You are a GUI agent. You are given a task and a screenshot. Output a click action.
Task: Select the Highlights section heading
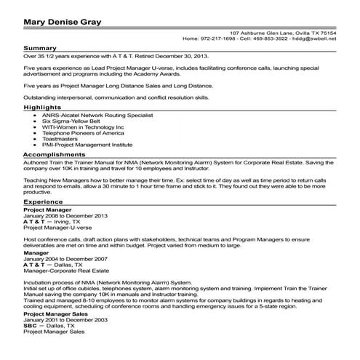click(x=41, y=106)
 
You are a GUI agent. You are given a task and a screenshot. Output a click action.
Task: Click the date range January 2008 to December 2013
click(x=65, y=216)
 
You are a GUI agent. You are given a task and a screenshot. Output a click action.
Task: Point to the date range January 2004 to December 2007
click(x=65, y=258)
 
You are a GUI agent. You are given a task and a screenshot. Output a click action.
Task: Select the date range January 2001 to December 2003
click(x=65, y=319)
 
